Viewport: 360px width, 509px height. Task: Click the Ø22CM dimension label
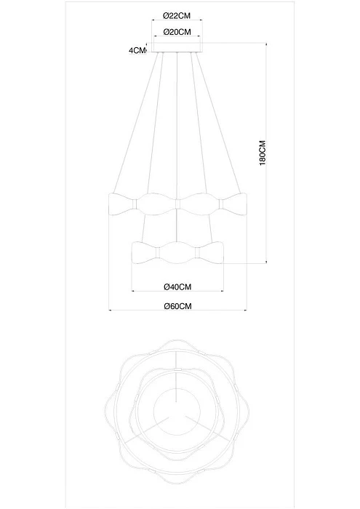coord(177,15)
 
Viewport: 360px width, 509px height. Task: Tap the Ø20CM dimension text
coord(177,32)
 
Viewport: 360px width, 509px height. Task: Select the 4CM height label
coord(135,51)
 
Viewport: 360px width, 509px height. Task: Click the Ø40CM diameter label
coord(177,286)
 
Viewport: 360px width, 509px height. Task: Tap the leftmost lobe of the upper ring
coord(122,204)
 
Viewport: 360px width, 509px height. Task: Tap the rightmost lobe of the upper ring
coord(233,204)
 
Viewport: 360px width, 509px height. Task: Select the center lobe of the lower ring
coord(177,252)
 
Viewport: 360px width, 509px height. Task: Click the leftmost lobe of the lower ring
coord(144,252)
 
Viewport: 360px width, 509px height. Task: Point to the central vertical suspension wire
coord(177,124)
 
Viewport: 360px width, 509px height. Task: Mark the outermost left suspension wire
coord(135,124)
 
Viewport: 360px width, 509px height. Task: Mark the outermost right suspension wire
coord(218,124)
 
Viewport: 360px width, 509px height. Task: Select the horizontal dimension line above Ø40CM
coord(177,292)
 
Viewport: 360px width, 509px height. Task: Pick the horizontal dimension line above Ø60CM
coord(177,312)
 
